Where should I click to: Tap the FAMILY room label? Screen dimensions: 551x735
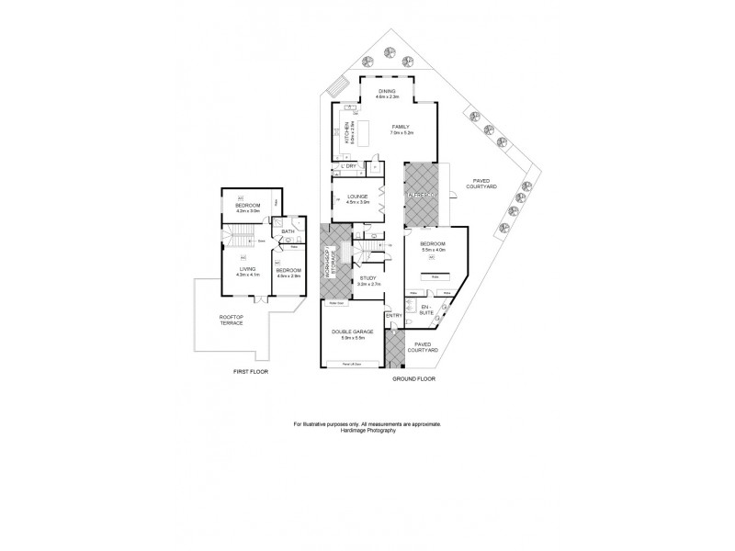tap(401, 126)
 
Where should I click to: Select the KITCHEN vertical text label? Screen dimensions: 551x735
tap(346, 134)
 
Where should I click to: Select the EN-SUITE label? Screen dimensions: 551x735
tap(424, 309)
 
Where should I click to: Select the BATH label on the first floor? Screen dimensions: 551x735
tap(288, 231)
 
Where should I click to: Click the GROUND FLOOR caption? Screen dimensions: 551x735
tap(412, 378)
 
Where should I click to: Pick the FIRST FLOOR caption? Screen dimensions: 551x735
tap(251, 371)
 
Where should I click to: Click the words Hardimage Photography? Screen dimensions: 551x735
tap(367, 430)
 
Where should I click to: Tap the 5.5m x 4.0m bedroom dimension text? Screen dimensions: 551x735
tap(433, 250)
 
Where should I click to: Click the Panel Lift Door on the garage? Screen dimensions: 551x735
tap(350, 365)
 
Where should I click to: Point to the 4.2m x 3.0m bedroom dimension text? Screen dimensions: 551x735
tap(248, 210)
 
